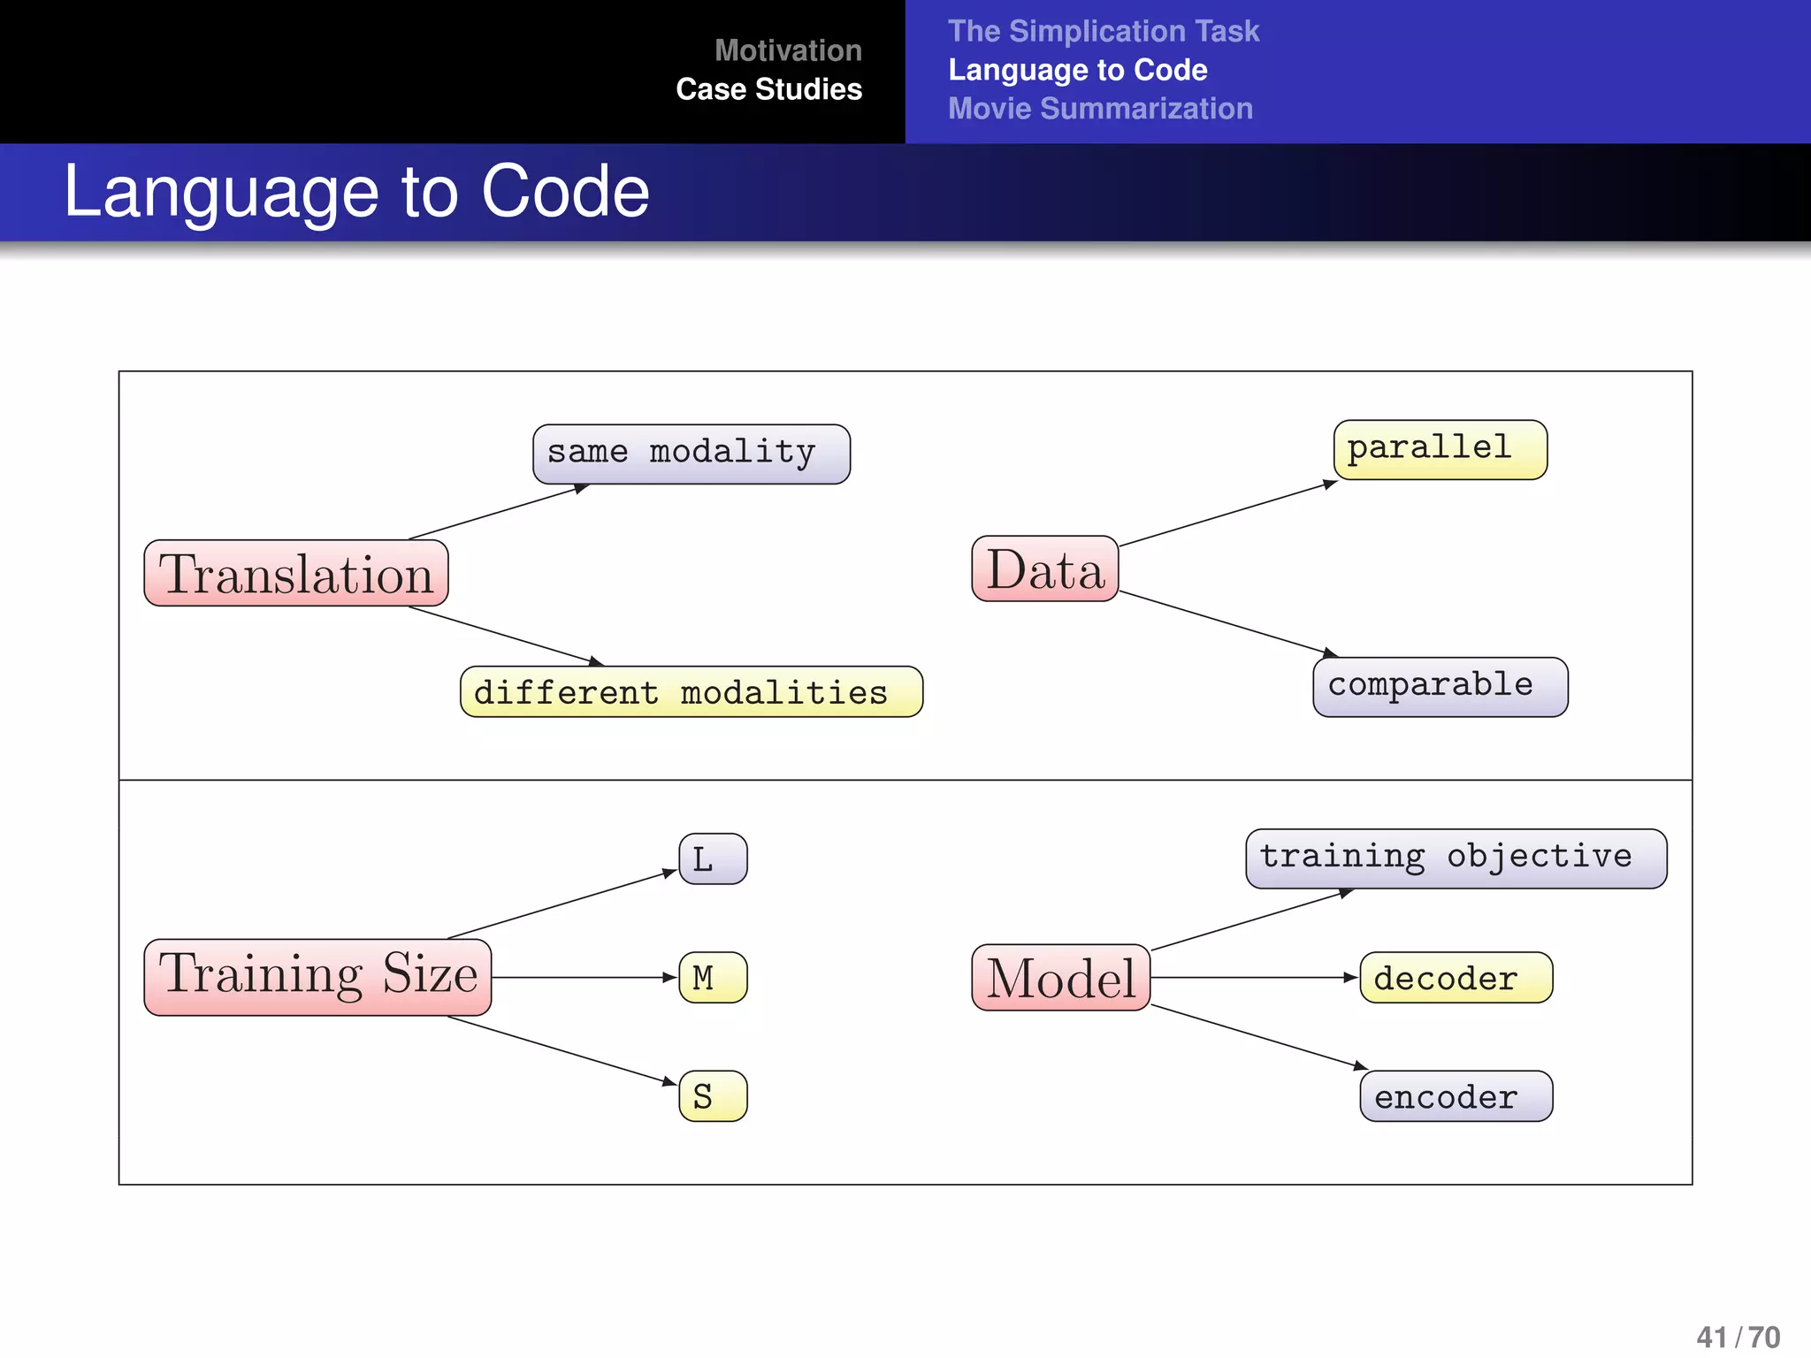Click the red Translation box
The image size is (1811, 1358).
click(296, 574)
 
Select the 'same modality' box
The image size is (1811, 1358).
click(691, 454)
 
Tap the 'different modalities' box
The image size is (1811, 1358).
click(691, 691)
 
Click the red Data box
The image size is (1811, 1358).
click(1044, 569)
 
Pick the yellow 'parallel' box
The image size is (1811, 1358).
click(1440, 449)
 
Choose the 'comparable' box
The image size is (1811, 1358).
click(1440, 686)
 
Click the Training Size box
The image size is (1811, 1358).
click(317, 977)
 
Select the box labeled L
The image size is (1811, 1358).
click(713, 858)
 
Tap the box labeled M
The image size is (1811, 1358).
click(713, 977)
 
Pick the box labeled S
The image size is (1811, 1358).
click(713, 1096)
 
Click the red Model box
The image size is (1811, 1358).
click(1060, 978)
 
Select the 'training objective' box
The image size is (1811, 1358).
click(1456, 858)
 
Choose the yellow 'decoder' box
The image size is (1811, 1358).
click(1456, 977)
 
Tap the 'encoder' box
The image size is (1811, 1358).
click(1456, 1096)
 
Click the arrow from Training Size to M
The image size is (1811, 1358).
click(584, 977)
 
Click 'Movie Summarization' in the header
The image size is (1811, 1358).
click(1100, 109)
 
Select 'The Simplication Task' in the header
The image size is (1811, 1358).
click(1104, 31)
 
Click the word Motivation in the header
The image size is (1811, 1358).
click(788, 50)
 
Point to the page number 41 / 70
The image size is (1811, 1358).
click(1738, 1336)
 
